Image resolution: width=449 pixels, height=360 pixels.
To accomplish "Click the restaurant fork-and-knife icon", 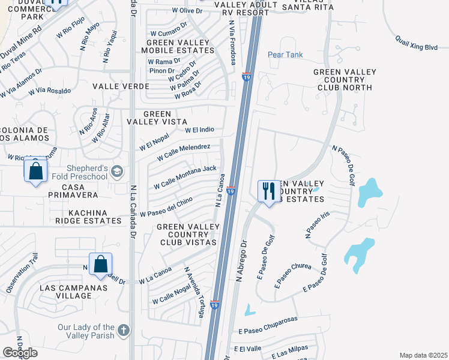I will [268, 191].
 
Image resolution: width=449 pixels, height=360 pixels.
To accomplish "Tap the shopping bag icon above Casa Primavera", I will [36, 170].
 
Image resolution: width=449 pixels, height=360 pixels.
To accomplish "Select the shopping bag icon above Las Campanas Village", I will [100, 263].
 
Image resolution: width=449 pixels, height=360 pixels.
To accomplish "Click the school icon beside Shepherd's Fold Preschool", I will [117, 172].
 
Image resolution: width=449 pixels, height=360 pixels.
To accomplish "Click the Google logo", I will [20, 353].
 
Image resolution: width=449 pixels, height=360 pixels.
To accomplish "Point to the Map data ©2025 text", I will [423, 355].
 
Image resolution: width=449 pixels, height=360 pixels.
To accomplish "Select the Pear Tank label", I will [285, 55].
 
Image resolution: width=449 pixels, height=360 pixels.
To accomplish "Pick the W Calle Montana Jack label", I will [184, 178].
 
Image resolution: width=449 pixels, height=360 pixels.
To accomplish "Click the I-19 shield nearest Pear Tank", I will [246, 77].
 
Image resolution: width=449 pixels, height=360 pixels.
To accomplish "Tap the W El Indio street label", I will [199, 130].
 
